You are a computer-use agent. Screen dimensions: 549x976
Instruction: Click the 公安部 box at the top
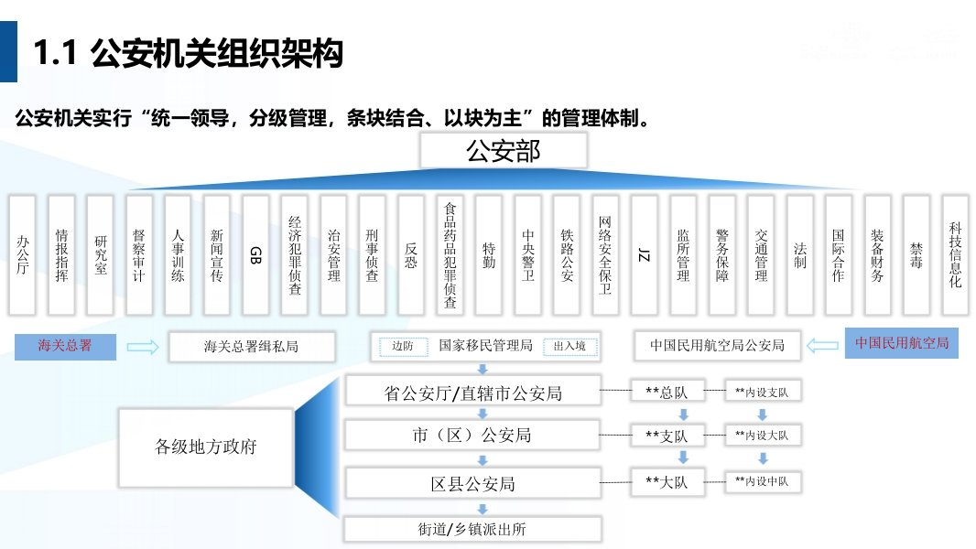click(x=504, y=152)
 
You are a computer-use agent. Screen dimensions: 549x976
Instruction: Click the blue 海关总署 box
click(x=65, y=346)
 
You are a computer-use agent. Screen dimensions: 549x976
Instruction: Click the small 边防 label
click(x=403, y=347)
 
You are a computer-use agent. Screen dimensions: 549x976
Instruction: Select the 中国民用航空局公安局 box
click(x=717, y=346)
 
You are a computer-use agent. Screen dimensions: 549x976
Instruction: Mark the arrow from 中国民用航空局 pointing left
click(x=824, y=346)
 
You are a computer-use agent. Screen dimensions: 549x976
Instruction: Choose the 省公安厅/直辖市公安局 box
click(x=472, y=393)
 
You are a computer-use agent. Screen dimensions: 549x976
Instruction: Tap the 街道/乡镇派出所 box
click(x=472, y=529)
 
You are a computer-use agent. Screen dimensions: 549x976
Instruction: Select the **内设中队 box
click(x=762, y=480)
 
